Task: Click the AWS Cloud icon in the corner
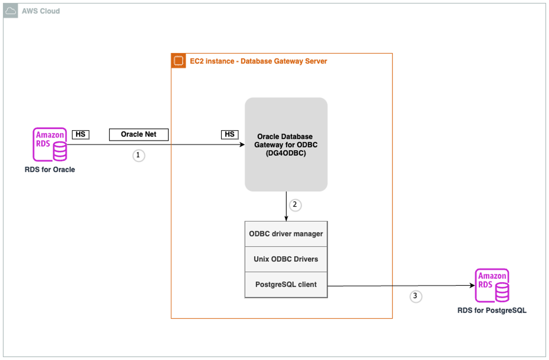10,11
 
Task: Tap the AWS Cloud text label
41,11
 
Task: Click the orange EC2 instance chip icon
178,61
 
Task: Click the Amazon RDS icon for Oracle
50,144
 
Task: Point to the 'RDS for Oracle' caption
50,170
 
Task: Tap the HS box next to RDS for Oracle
80,134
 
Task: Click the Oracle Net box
138,134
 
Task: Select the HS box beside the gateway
229,134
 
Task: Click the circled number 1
138,156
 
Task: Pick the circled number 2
295,205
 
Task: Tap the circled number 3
415,296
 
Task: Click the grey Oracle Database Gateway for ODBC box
286,144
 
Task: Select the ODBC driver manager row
286,234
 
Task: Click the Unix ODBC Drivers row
286,259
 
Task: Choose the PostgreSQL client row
286,284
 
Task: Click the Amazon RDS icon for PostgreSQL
492,285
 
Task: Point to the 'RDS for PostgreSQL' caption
492,311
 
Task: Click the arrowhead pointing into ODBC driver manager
286,218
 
